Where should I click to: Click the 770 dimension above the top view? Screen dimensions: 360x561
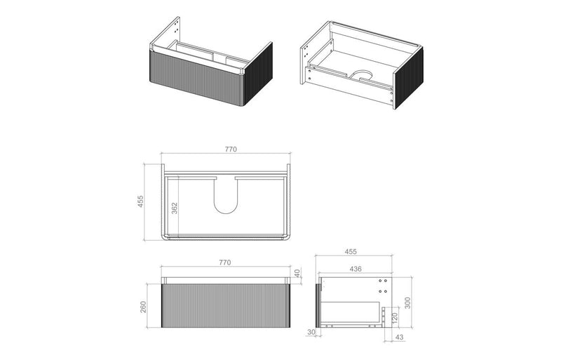[231, 149]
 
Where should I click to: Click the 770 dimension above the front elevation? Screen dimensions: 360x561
[224, 262]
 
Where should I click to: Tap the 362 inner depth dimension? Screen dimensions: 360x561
[174, 208]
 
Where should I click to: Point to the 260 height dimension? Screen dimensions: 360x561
[143, 306]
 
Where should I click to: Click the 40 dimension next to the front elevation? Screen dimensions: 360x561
[298, 273]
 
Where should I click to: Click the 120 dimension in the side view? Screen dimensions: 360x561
[394, 317]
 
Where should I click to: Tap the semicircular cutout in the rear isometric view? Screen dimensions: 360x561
[362, 74]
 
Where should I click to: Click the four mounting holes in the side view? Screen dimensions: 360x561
[382, 286]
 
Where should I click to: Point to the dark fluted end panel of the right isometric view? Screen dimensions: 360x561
[407, 78]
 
